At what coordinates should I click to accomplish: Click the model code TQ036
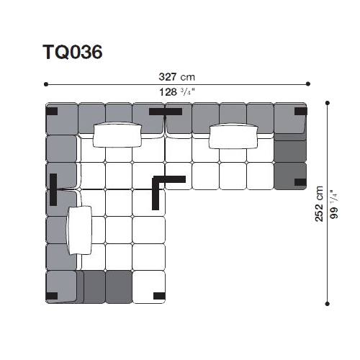coord(73,52)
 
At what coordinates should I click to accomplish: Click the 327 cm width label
coord(177,77)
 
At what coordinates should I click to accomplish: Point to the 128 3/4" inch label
coord(176,92)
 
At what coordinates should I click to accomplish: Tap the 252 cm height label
coord(319,204)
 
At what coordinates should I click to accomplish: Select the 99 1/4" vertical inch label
coord(334,204)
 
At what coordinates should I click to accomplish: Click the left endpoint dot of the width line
coord(46,84)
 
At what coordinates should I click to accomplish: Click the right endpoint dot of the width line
coord(308,84)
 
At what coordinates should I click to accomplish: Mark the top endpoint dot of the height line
coord(328,103)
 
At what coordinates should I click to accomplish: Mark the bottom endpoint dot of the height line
coord(328,304)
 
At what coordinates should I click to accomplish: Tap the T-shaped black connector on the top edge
coord(166,112)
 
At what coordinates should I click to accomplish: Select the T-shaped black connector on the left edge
coord(53,189)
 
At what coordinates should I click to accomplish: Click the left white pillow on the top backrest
coord(117,135)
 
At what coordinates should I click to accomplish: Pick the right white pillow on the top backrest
coord(233,136)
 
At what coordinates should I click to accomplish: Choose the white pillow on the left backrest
coord(79,230)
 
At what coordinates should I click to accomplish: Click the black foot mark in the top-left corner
coord(52,112)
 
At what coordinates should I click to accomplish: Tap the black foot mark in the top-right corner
coord(301,111)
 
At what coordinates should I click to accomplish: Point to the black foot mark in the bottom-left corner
coord(52,296)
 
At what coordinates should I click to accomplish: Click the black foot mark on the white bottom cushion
coord(159,296)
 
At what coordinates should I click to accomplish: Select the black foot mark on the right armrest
coord(300,182)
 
